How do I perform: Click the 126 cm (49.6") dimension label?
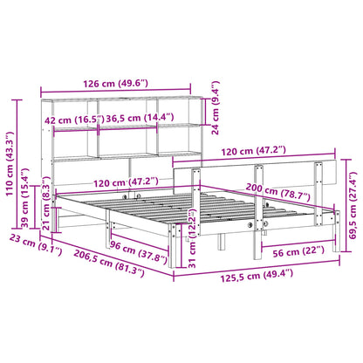(115, 84)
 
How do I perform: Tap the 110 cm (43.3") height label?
(10, 164)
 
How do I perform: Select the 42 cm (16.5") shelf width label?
(74, 120)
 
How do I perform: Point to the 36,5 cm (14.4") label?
(140, 118)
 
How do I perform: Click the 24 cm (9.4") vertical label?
(215, 107)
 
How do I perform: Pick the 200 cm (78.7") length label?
(277, 193)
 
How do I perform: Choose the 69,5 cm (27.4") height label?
(353, 205)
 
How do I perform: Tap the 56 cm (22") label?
(298, 251)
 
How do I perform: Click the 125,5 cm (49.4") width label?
(257, 276)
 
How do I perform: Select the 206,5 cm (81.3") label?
(109, 263)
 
